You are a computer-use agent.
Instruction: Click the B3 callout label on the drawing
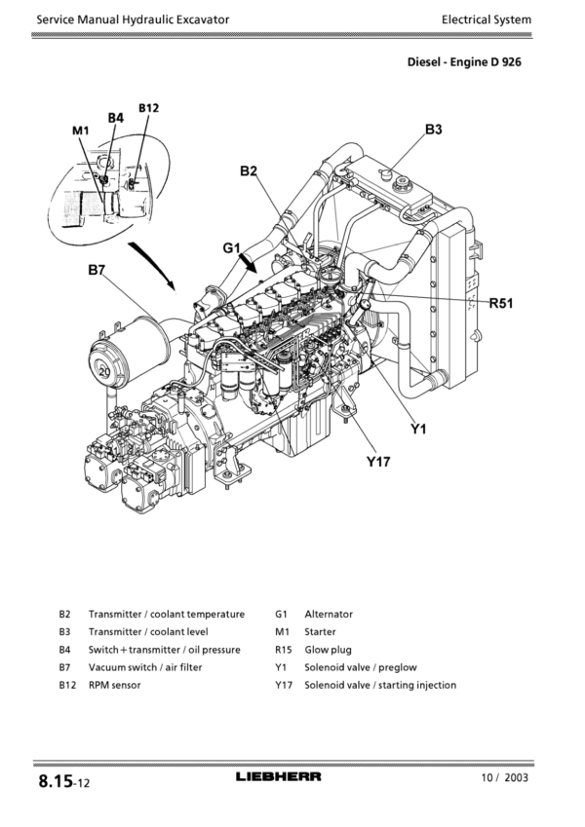(434, 130)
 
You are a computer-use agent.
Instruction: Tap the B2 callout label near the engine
(249, 170)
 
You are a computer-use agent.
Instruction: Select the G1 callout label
(231, 247)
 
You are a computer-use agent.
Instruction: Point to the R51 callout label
(501, 303)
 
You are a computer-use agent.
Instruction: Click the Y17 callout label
(378, 462)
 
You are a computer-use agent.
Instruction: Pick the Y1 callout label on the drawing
(418, 430)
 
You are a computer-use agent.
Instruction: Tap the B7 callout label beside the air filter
(97, 271)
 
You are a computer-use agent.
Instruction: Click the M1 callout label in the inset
(81, 131)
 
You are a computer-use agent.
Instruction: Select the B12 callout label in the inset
(148, 108)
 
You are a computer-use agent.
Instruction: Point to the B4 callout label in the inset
(116, 118)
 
